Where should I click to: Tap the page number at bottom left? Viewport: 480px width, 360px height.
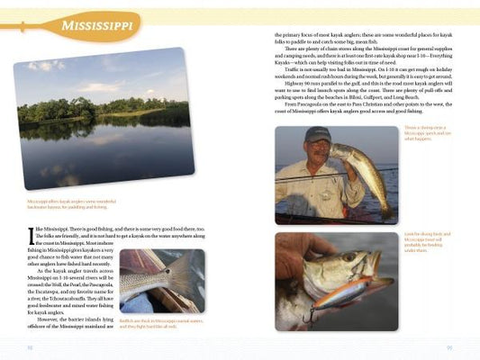tap(30, 347)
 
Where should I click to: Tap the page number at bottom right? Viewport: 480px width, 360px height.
tap(449, 347)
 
